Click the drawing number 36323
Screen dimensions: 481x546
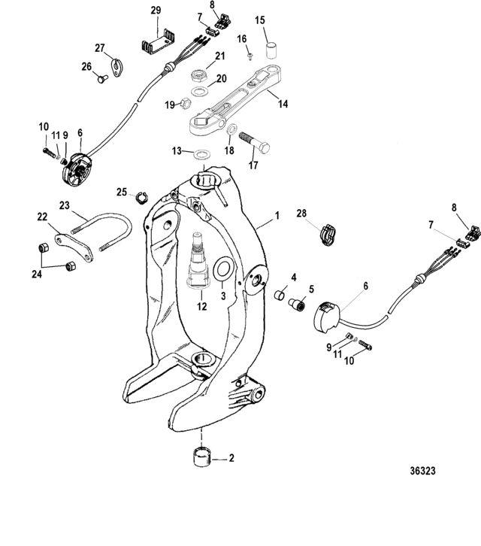tap(422, 471)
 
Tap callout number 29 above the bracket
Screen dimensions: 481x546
tap(156, 11)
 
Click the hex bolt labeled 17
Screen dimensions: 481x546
tap(254, 142)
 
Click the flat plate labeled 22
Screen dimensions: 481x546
tap(74, 247)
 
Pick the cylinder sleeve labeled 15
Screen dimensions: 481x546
tap(273, 50)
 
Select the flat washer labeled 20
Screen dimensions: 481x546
tap(200, 92)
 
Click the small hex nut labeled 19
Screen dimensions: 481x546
tap(186, 104)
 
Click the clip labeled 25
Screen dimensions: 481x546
tap(141, 198)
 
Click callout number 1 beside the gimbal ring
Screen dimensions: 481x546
tap(277, 216)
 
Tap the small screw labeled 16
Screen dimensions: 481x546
tap(250, 56)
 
